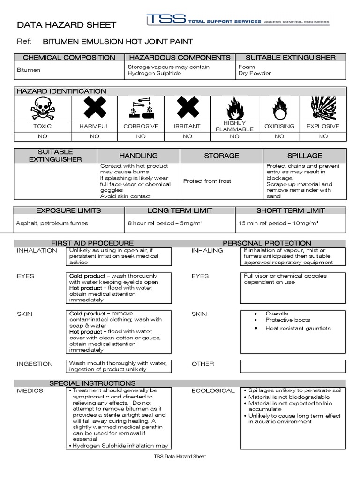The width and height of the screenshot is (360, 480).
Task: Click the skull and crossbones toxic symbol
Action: tap(42, 108)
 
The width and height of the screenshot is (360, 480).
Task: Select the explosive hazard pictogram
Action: tap(323, 108)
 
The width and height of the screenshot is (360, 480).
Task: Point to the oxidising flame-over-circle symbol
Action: tap(279, 108)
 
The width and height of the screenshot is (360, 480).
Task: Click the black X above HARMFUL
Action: tap(95, 108)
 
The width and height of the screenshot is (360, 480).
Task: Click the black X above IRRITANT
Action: tap(187, 108)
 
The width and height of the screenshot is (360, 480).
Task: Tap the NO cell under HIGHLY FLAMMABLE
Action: tap(234, 136)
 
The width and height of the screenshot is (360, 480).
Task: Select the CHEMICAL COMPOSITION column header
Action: tap(69, 58)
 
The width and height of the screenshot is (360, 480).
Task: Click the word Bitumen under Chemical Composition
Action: tap(28, 70)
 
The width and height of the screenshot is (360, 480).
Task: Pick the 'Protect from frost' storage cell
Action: tap(207, 181)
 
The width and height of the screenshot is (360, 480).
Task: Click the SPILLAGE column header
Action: tap(305, 155)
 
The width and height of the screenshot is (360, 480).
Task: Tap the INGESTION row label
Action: tap(35, 364)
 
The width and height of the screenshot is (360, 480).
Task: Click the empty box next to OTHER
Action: tap(293, 366)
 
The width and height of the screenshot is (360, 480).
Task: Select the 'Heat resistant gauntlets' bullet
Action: tap(298, 328)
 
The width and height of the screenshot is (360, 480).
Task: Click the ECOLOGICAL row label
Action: tap(213, 390)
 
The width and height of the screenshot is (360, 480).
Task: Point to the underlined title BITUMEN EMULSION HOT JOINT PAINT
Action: tap(118, 42)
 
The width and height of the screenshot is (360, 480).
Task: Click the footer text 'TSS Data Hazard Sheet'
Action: tap(180, 457)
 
